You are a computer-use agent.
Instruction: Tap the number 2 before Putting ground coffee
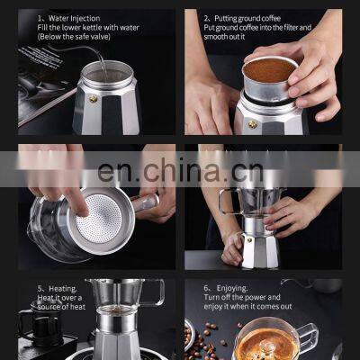tap(206, 17)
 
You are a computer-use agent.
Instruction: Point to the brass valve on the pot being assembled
tap(247, 240)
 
